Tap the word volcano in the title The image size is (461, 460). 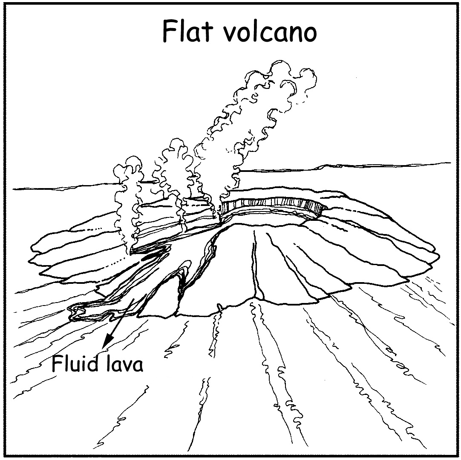(x=269, y=32)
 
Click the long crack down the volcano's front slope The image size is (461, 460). (x=256, y=264)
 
